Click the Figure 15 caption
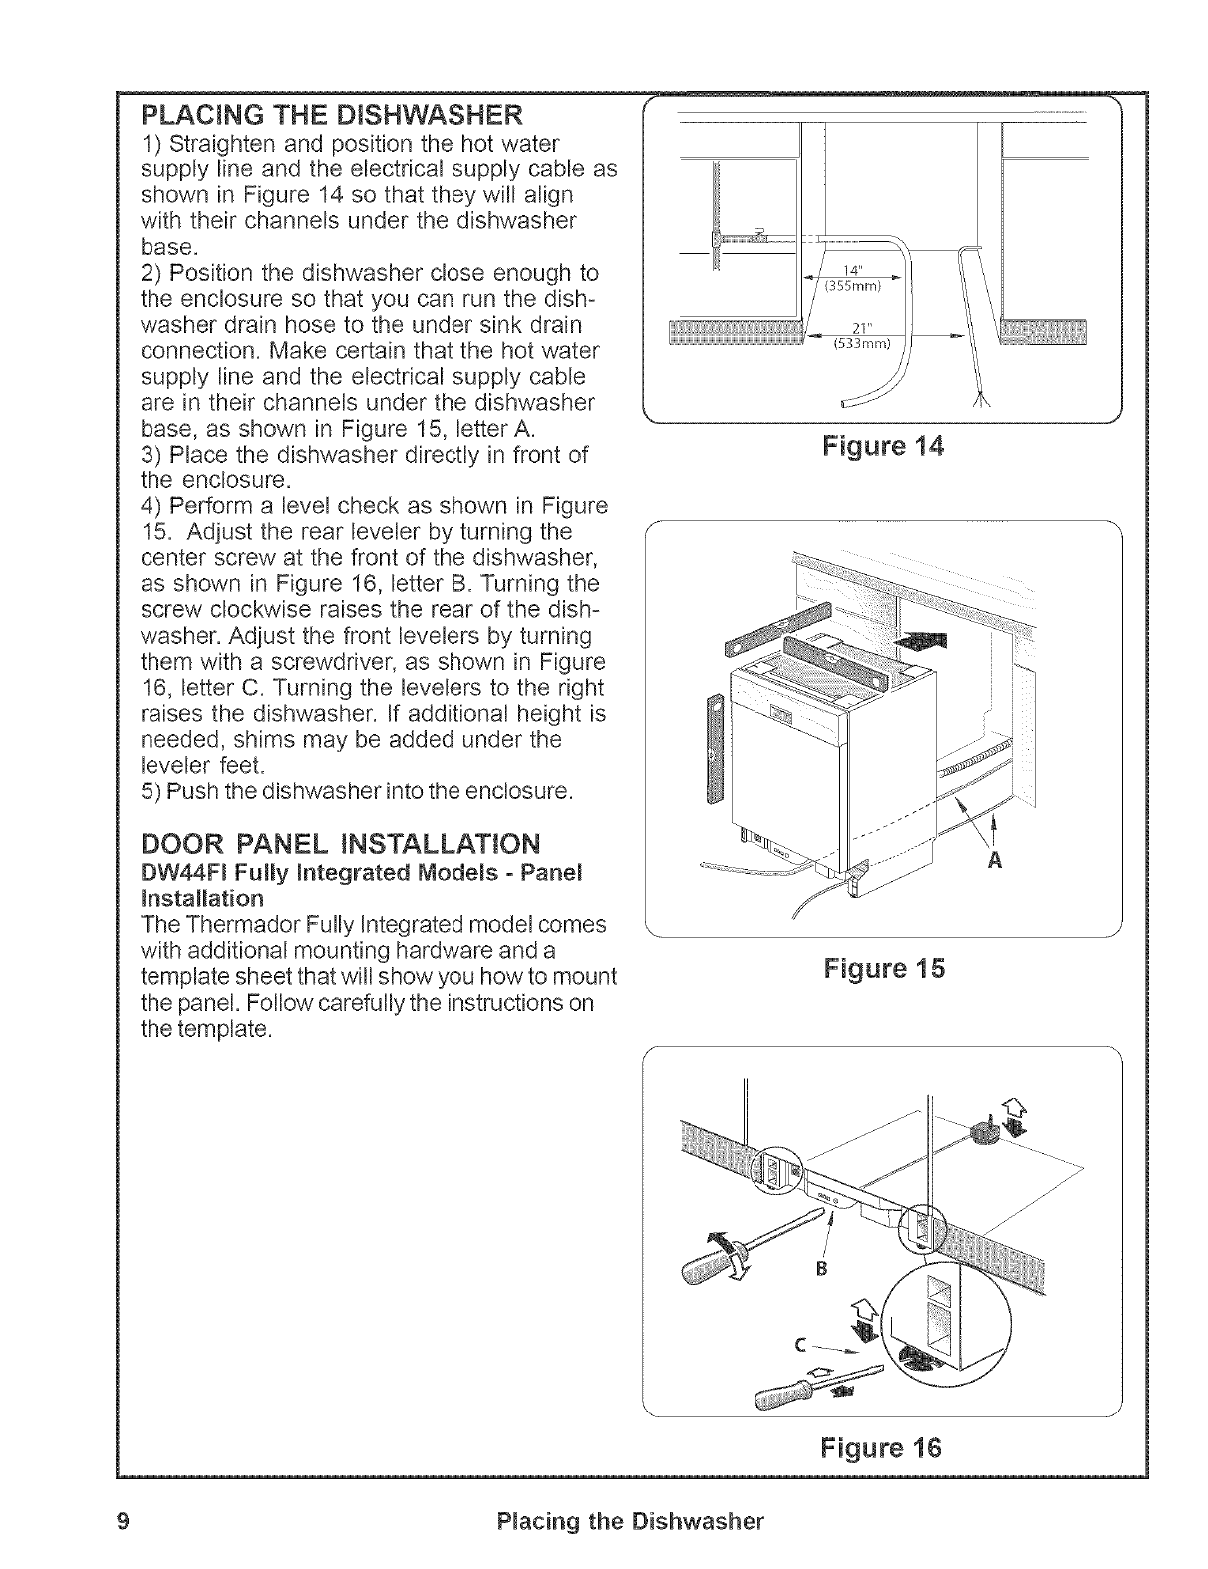(x=883, y=968)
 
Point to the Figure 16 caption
(x=883, y=1446)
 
